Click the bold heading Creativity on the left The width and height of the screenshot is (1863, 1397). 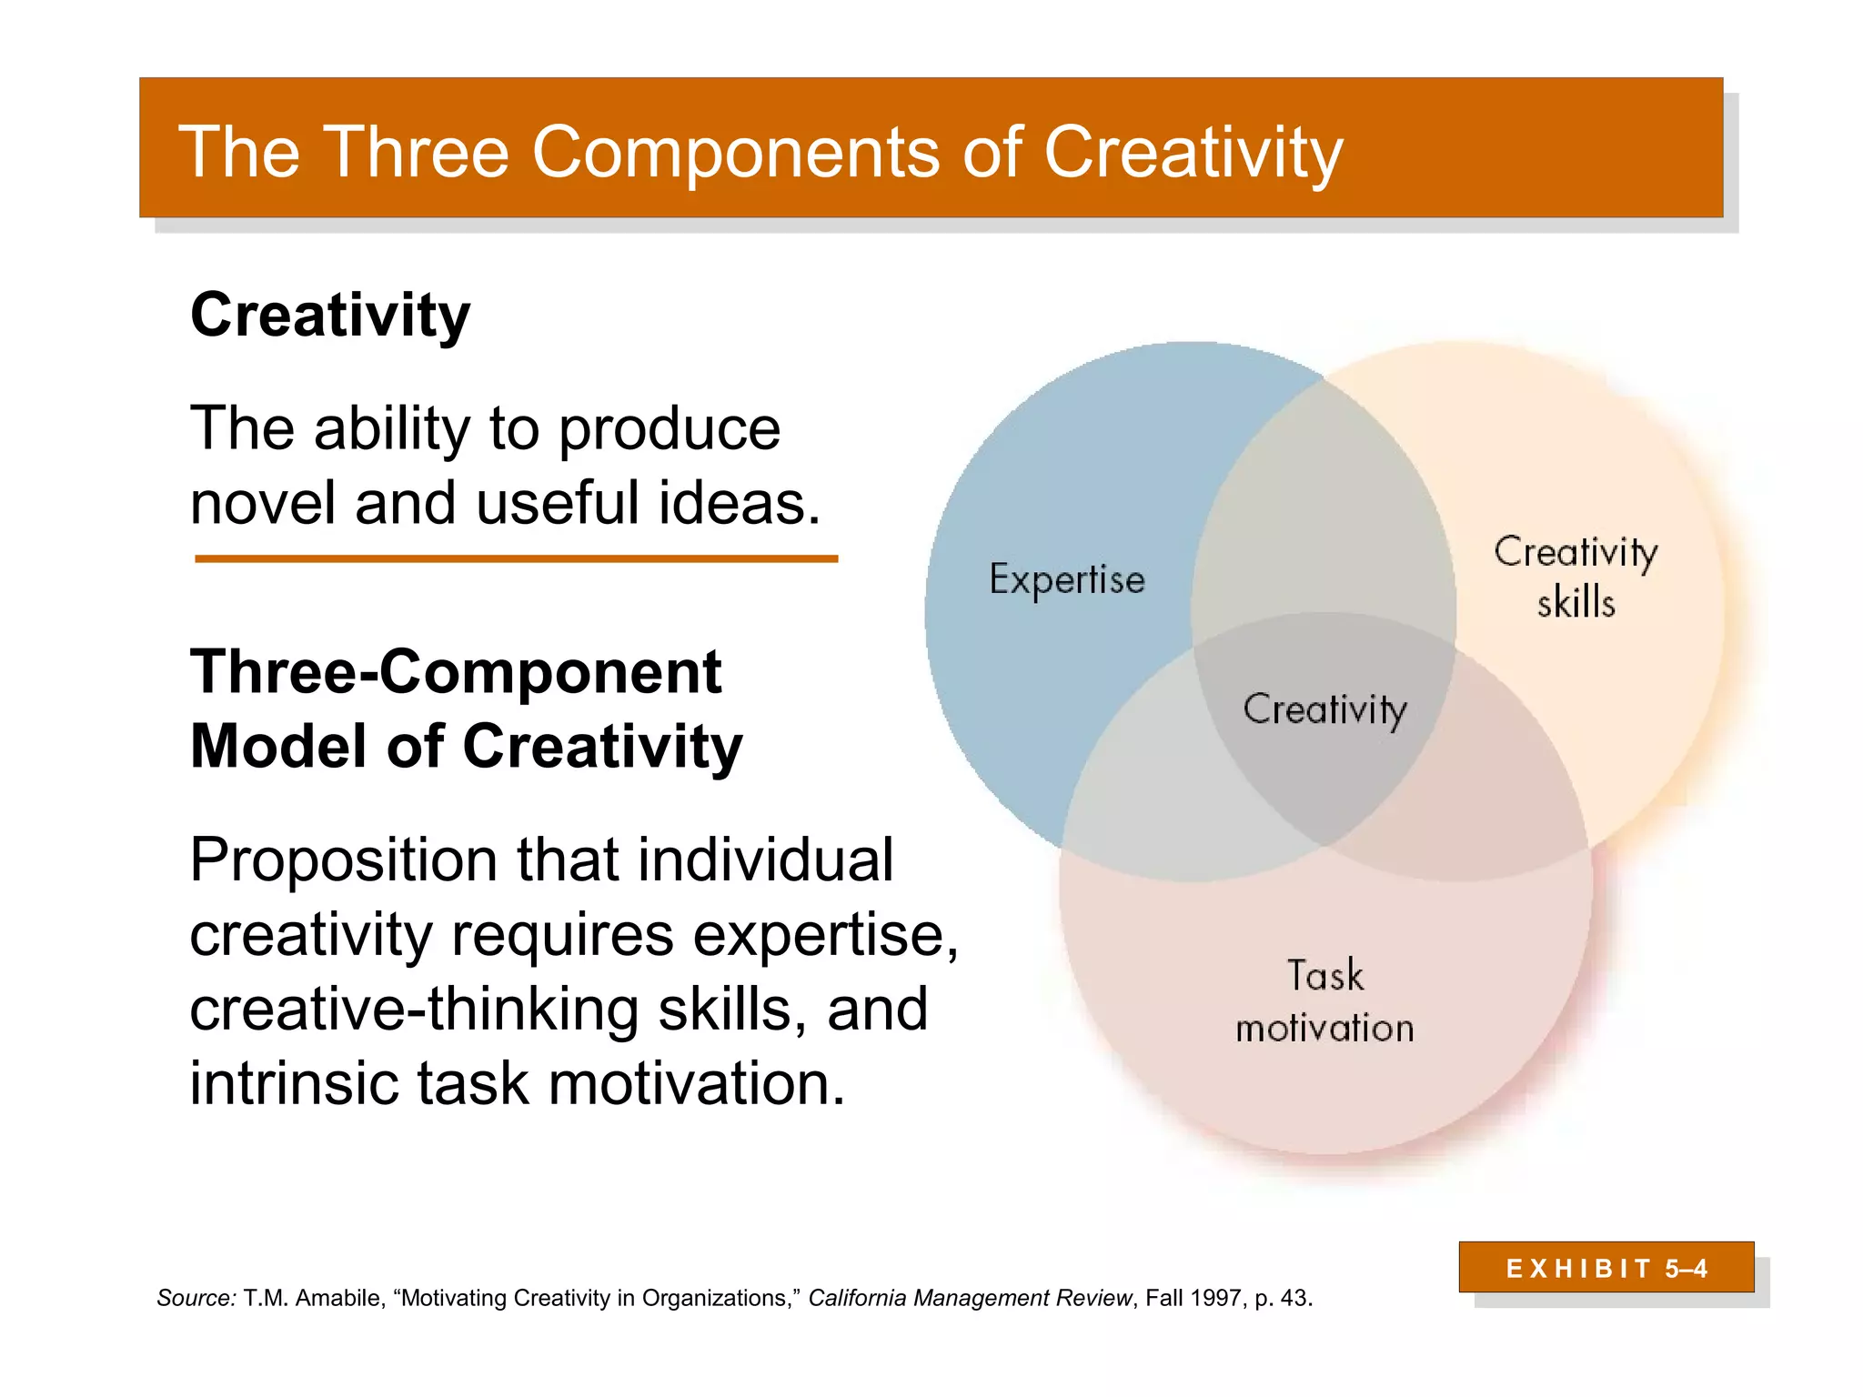coord(330,316)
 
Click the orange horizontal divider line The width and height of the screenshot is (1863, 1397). coord(516,558)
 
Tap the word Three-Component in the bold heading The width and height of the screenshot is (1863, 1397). coord(456,672)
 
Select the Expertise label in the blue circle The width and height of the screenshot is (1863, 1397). coord(1067,580)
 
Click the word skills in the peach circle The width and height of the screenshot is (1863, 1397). coord(1576,603)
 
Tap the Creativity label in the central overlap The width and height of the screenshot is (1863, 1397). coord(1324,709)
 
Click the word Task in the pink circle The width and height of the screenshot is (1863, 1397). coord(1325,976)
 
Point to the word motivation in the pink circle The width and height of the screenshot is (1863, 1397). coord(1324,1029)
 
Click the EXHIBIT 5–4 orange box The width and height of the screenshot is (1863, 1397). coord(1606,1268)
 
